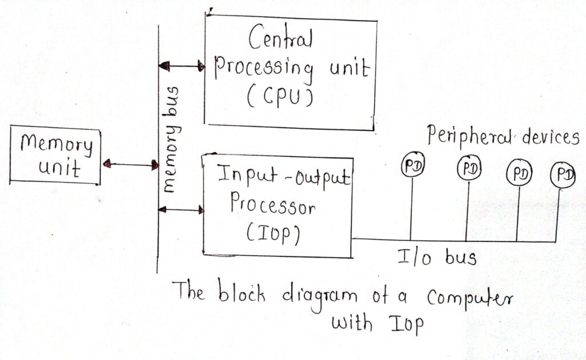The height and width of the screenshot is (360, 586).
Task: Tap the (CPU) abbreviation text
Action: (279, 98)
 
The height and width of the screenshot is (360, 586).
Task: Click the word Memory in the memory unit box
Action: (57, 144)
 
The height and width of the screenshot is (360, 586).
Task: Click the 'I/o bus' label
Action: (437, 257)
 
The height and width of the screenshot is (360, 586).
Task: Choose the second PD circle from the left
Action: (469, 168)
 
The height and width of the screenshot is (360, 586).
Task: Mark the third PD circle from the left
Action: (518, 173)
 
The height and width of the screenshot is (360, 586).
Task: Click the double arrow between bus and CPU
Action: (181, 67)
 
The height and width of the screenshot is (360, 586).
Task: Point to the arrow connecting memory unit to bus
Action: (130, 165)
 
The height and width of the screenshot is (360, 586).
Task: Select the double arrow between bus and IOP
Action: (181, 210)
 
